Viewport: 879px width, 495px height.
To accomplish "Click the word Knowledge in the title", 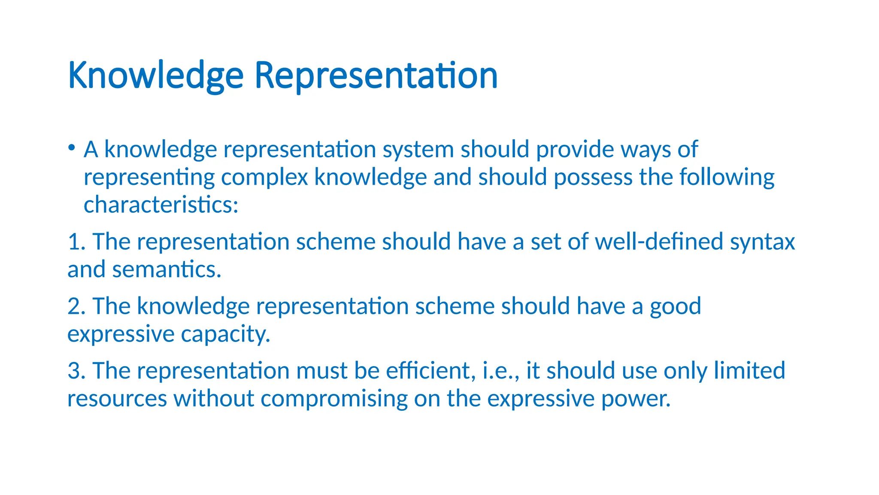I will tap(155, 76).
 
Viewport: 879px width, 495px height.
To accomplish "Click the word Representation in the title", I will tap(376, 75).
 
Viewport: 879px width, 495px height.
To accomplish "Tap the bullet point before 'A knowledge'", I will tap(72, 148).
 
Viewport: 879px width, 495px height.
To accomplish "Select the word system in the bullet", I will tap(418, 150).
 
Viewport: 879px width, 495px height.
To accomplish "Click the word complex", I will tap(264, 177).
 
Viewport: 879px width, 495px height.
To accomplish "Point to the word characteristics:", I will tap(161, 205).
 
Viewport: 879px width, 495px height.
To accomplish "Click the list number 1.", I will tap(75, 242).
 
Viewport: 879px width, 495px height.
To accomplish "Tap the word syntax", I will tap(762, 242).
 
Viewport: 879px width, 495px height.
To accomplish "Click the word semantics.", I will tap(167, 270).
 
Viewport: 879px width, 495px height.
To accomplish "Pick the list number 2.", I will tap(76, 306).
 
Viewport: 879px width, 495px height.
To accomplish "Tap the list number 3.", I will tap(76, 371).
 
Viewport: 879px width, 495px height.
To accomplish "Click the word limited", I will tap(749, 370).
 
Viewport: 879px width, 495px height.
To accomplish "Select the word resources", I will tap(117, 399).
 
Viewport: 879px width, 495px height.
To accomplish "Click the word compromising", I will tap(334, 399).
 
